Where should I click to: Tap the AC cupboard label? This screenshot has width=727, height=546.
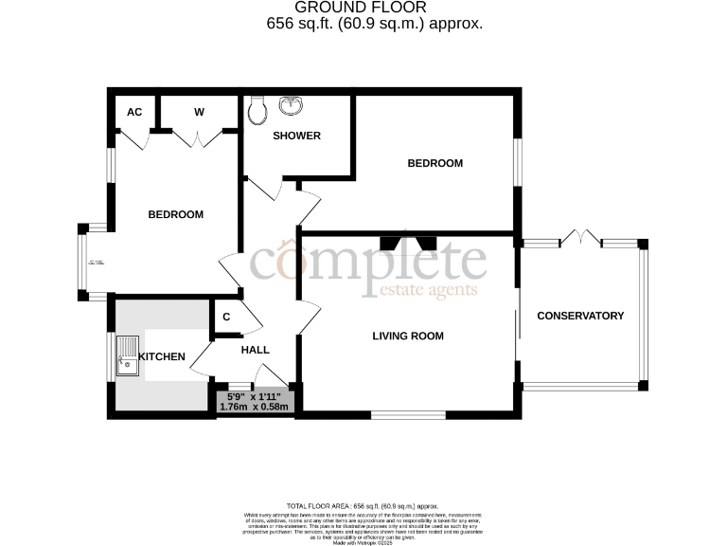click(x=134, y=112)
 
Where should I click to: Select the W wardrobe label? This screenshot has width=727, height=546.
click(x=199, y=112)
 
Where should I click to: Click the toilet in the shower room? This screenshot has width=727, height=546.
click(x=257, y=112)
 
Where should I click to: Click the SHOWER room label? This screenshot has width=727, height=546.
click(x=296, y=136)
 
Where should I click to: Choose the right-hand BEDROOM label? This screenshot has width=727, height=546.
click(x=434, y=163)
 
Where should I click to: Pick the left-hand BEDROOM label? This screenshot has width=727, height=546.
click(x=175, y=214)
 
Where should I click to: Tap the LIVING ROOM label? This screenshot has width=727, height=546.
click(x=407, y=336)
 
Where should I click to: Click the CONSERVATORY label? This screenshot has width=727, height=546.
click(x=580, y=316)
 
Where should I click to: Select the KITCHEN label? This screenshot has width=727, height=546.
click(x=162, y=356)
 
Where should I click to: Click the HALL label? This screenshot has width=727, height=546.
click(x=256, y=350)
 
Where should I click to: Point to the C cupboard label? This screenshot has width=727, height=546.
click(x=226, y=318)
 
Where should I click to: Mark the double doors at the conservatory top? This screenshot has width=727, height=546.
click(x=579, y=237)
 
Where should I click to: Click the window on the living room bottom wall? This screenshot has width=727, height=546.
click(x=408, y=414)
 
